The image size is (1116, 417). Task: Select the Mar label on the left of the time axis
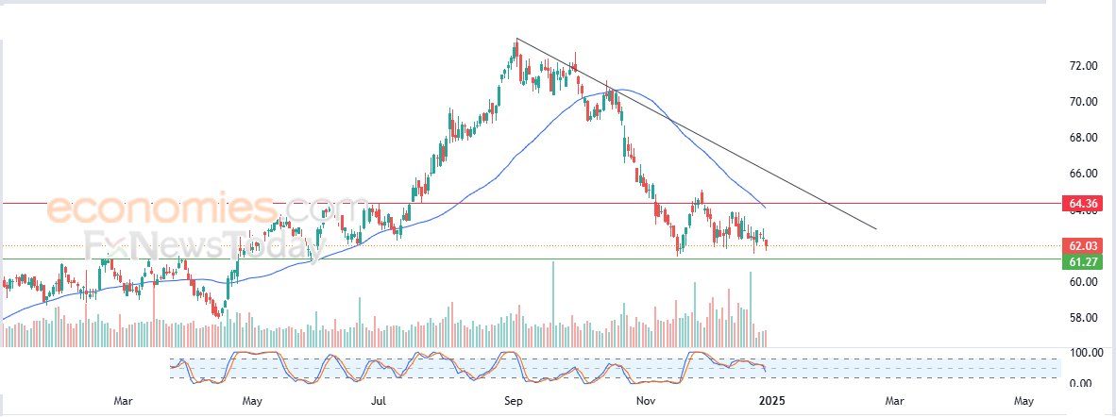click(123, 401)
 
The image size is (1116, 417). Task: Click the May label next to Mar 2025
click(1023, 401)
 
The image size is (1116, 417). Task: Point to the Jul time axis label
click(378, 401)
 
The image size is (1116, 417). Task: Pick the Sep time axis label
click(514, 401)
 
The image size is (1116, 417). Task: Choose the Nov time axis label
click(646, 401)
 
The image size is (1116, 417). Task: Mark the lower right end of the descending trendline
click(876, 229)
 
